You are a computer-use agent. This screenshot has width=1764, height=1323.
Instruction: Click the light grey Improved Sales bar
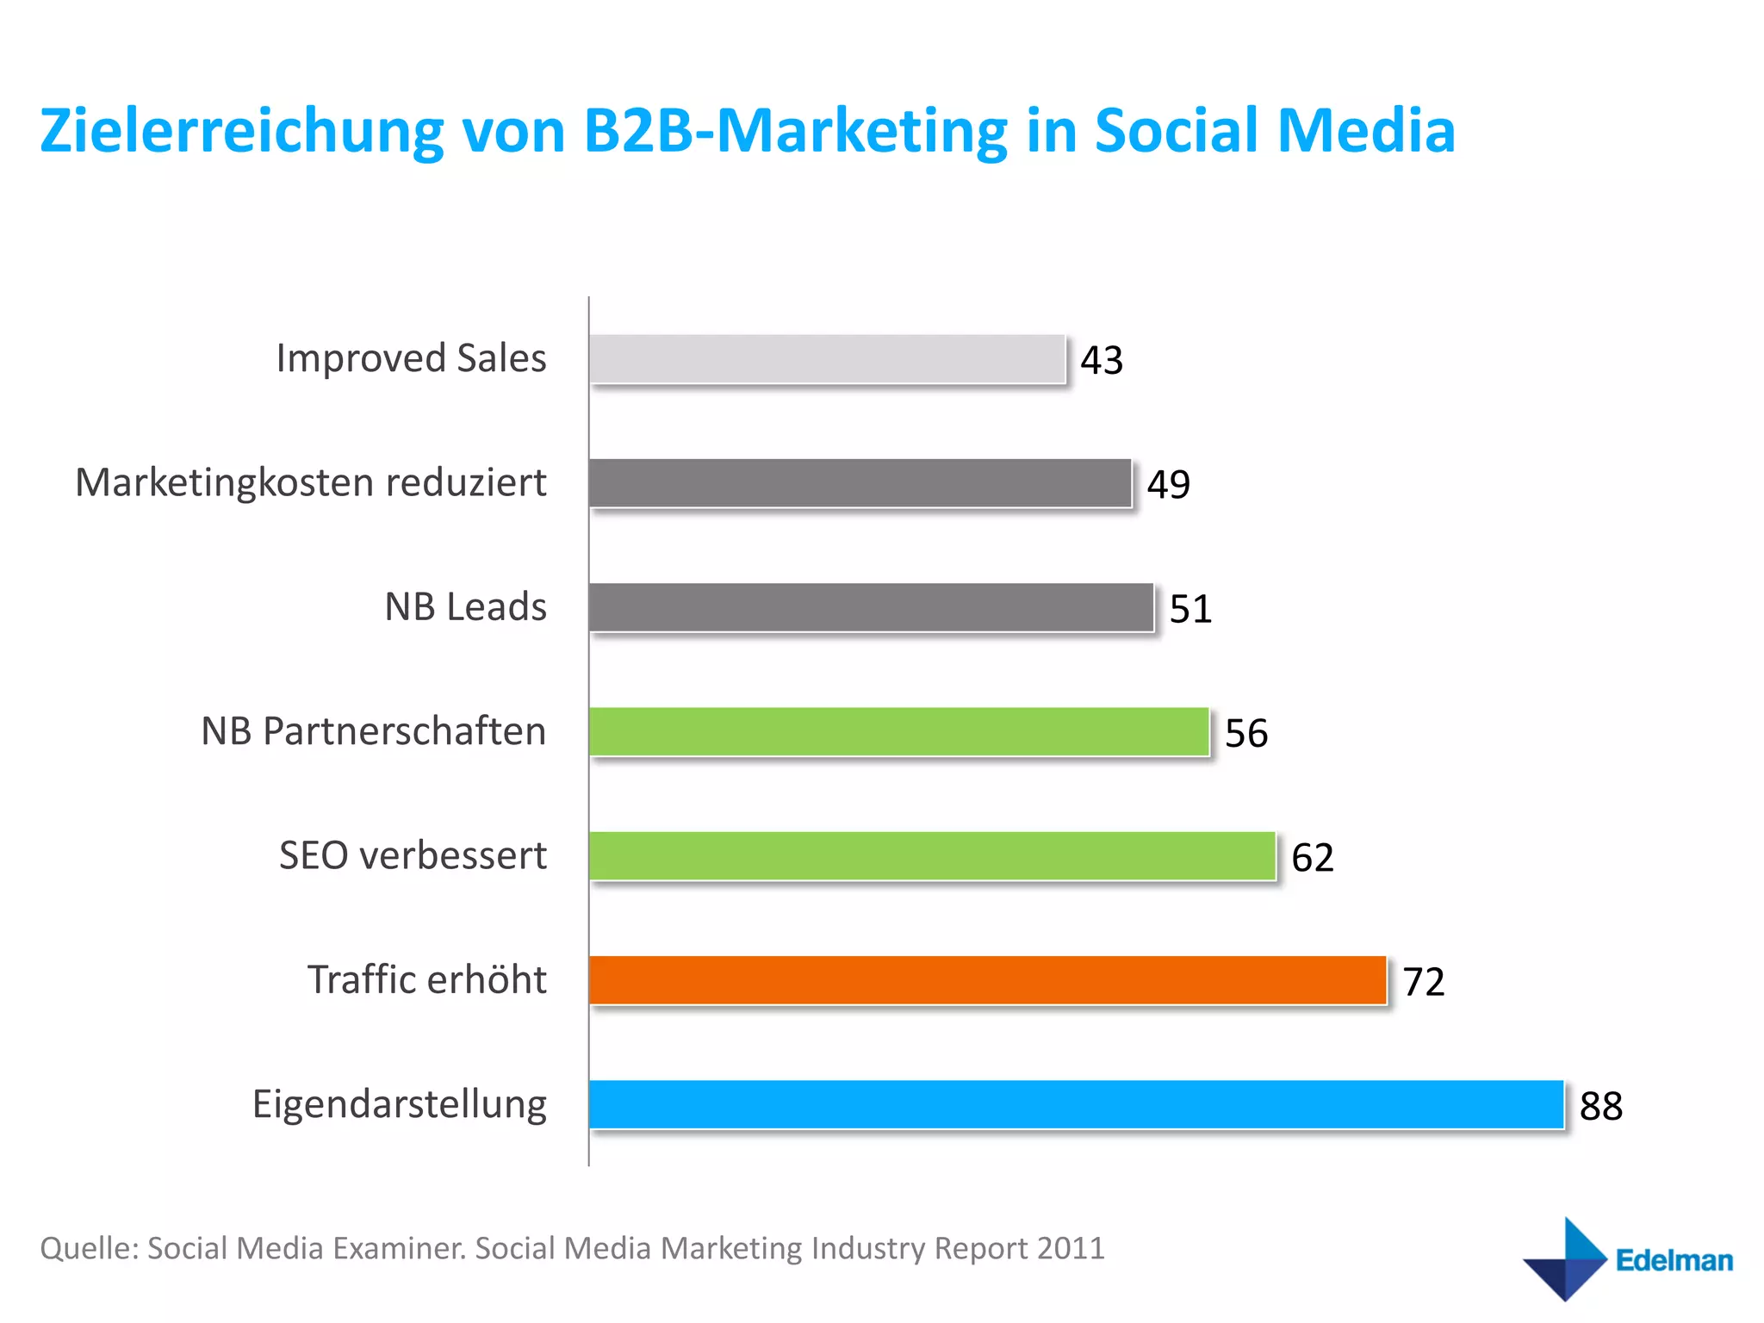coord(827,359)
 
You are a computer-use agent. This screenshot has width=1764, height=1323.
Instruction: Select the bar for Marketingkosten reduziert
coord(860,483)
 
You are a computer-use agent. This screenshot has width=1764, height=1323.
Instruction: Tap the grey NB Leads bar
coord(871,607)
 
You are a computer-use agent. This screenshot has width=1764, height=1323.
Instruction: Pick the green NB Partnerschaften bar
coord(899,731)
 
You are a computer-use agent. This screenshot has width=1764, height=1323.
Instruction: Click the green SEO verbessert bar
coord(932,855)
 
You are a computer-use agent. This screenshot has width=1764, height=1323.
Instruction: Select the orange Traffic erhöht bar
coord(988,980)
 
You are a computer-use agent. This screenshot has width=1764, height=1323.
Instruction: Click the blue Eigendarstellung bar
coord(1076,1104)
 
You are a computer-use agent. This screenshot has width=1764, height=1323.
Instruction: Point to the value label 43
coord(1102,360)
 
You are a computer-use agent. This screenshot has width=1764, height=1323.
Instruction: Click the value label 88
coord(1600,1106)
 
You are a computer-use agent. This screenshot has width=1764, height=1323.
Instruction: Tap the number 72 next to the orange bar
coord(1423,982)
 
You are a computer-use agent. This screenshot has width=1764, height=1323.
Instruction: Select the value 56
coord(1245,733)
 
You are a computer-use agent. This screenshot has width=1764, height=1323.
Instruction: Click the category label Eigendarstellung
coord(399,1104)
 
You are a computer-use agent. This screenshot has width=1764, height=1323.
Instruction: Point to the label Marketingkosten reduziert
coord(310,482)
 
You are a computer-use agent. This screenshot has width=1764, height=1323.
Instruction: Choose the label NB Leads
coord(465,607)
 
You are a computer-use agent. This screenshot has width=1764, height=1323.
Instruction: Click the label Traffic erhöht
coord(426,980)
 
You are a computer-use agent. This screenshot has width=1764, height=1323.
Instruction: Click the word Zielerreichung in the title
coord(241,132)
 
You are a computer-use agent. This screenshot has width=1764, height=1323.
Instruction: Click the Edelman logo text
coord(1674,1260)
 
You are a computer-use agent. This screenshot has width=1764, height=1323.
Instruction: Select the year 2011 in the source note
coord(1070,1248)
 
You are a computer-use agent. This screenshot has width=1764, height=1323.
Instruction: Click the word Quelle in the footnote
coord(88,1249)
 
